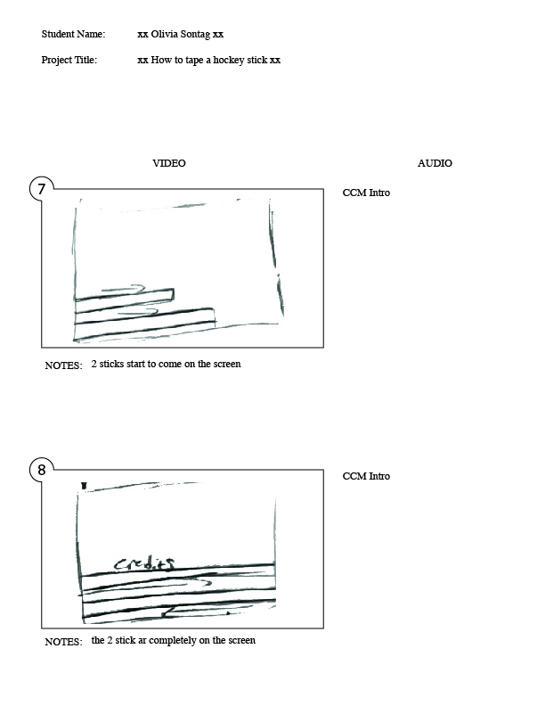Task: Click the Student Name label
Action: [73, 34]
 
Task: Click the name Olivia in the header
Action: [164, 34]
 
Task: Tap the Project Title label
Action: [69, 60]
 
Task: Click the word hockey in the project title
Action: [229, 61]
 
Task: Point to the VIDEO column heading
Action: [169, 163]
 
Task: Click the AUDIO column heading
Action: [435, 163]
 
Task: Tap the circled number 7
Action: [42, 189]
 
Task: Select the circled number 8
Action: [42, 470]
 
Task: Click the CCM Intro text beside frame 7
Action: [366, 193]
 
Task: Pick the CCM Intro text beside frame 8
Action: [366, 476]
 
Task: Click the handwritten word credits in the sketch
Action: [144, 564]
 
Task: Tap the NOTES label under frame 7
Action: [63, 365]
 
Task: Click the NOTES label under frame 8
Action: [63, 642]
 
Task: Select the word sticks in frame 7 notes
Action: [111, 364]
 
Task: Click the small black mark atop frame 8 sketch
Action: [84, 485]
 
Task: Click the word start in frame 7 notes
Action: [135, 364]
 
